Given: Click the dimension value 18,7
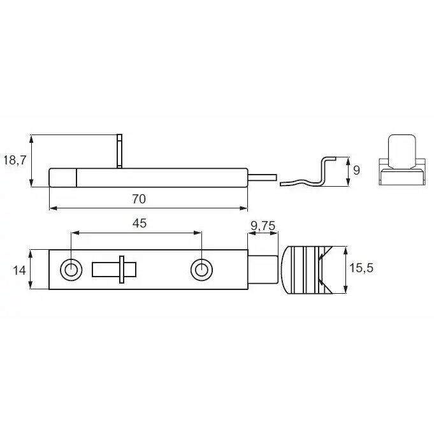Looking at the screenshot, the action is click(x=15, y=161).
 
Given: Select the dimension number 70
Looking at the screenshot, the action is click(x=139, y=199).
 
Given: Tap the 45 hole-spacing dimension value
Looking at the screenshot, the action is click(x=139, y=223).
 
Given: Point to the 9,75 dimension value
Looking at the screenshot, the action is click(x=263, y=226).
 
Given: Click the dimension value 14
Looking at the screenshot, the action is click(x=19, y=270).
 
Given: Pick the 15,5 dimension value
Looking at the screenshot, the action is click(x=361, y=268).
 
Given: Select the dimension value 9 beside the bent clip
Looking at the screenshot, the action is click(x=356, y=171).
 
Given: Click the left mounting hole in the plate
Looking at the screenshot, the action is click(x=71, y=270).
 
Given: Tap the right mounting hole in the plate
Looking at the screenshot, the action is click(x=202, y=270).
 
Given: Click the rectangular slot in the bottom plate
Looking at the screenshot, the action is click(x=114, y=270).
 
